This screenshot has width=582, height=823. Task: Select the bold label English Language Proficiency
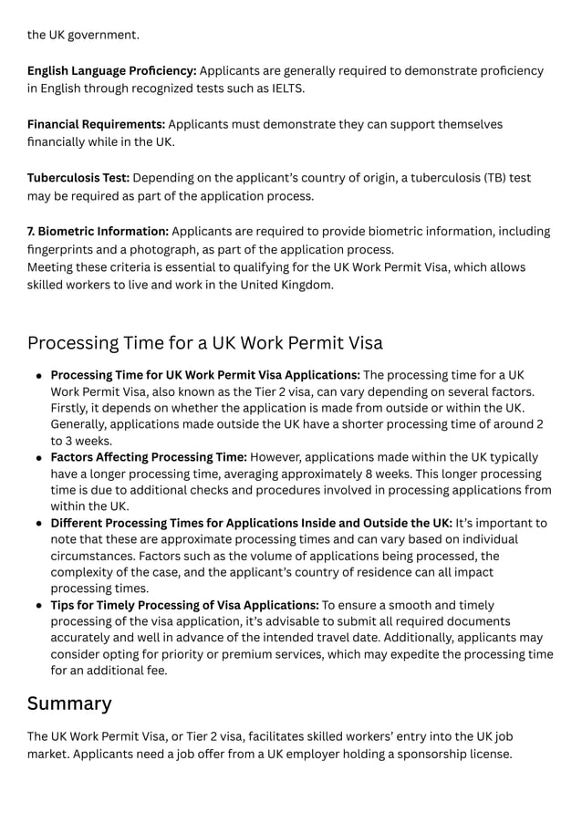(111, 70)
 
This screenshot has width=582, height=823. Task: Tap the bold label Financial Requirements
(96, 124)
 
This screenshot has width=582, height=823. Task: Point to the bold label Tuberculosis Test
(78, 178)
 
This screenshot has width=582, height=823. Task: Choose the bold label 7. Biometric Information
(98, 232)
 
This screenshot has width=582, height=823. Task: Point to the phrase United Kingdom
(286, 285)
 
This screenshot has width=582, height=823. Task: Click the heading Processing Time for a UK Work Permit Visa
(204, 344)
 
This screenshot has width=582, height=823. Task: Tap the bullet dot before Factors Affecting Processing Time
(39, 458)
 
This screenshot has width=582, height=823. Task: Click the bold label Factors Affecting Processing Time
(149, 457)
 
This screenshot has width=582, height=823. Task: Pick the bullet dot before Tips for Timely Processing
(39, 606)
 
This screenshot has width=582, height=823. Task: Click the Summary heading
(69, 703)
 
